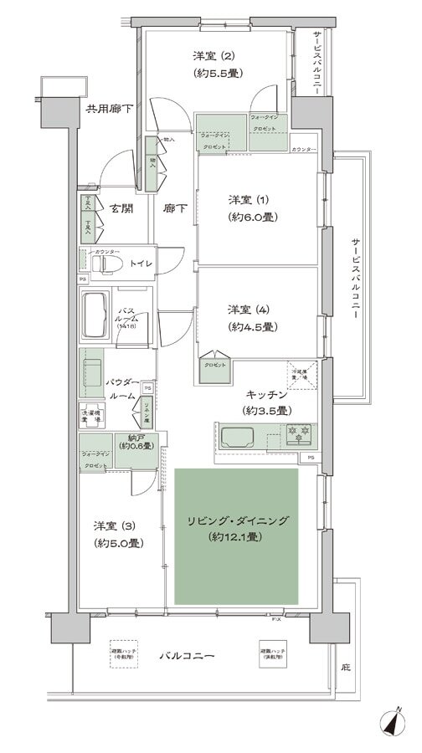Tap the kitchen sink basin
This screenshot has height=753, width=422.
click(242, 435)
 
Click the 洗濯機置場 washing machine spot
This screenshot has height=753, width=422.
click(91, 415)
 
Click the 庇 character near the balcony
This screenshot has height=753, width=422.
click(346, 667)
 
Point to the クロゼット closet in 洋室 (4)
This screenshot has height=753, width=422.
click(213, 365)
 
